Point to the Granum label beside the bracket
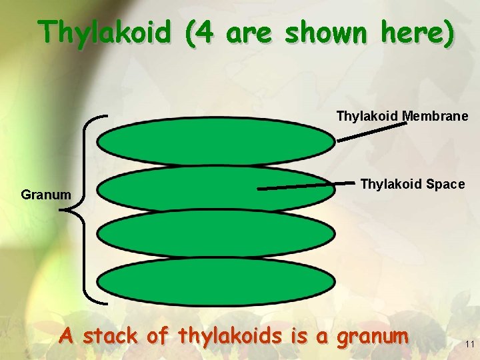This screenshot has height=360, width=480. click(x=46, y=195)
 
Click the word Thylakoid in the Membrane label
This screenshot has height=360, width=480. click(x=367, y=116)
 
